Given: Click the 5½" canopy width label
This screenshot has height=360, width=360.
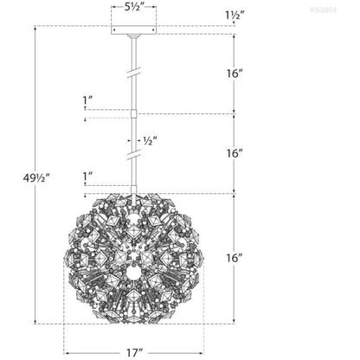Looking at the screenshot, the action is click(134, 7).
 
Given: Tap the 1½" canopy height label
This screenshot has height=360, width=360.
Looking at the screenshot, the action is click(235, 15).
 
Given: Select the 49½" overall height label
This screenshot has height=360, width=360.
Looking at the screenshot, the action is click(36, 178).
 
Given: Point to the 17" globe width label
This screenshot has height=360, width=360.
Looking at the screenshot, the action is click(134, 353).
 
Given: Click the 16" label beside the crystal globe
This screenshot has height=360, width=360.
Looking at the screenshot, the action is click(234, 258).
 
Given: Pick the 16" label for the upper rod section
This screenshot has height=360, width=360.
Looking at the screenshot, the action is click(234, 74).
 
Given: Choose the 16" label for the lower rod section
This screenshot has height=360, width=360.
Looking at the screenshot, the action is click(234, 153).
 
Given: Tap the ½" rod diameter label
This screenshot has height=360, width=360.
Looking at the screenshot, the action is click(150, 141).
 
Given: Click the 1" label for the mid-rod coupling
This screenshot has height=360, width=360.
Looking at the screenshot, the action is click(87, 100).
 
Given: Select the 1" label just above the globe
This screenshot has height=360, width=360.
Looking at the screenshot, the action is click(87, 176).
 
